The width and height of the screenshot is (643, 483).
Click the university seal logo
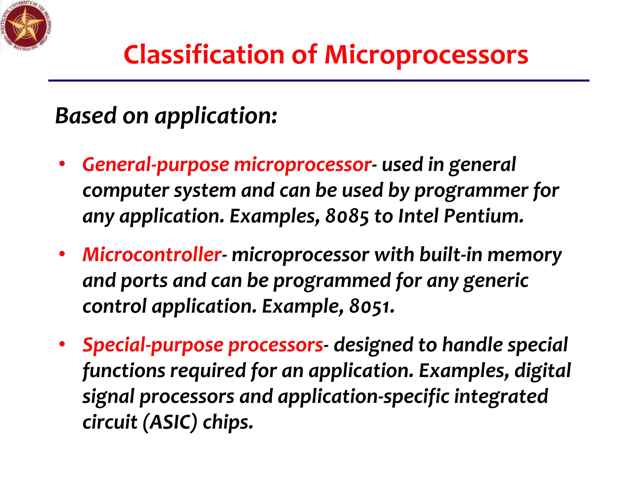click(x=26, y=26)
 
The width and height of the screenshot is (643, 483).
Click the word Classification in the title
click(x=204, y=55)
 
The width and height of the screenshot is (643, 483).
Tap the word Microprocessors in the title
click(x=426, y=56)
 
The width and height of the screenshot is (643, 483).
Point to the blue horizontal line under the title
click(x=318, y=81)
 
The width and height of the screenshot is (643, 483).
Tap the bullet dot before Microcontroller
click(x=62, y=254)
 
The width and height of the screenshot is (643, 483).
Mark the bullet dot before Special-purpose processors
click(x=62, y=344)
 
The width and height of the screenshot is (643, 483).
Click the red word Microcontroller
click(x=152, y=254)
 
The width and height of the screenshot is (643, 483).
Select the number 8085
click(x=347, y=216)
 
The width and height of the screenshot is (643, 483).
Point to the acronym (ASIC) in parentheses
click(x=170, y=422)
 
